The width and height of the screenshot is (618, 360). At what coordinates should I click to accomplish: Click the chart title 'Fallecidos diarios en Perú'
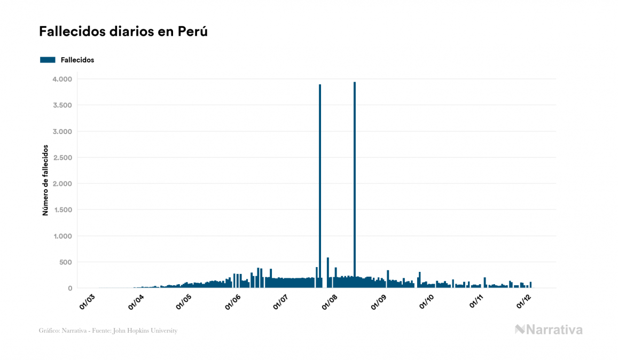tap(123, 32)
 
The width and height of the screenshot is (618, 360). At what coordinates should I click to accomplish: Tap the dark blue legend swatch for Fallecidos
tap(48, 60)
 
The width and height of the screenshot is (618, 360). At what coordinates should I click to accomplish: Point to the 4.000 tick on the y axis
tap(61, 79)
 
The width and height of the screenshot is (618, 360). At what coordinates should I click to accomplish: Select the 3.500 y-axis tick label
tap(61, 105)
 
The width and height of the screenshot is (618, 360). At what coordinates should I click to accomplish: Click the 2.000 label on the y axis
tap(61, 184)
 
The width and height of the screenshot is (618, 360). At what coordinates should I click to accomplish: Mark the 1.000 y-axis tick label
tap(61, 236)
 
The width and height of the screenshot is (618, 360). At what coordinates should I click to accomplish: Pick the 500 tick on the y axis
tap(65, 262)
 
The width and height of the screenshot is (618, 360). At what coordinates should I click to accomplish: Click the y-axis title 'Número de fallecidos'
tap(45, 179)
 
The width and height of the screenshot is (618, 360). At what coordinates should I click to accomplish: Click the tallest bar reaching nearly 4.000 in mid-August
tap(355, 182)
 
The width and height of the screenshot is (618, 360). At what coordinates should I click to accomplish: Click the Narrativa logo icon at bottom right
tap(520, 330)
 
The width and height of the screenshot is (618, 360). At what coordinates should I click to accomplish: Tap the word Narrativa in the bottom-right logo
tap(555, 330)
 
